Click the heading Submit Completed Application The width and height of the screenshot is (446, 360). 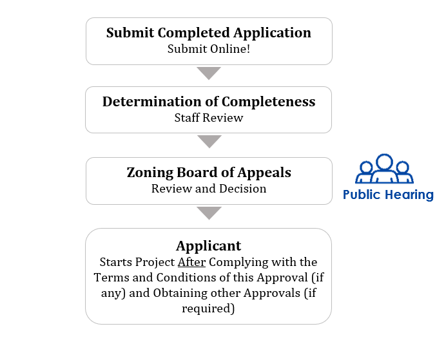click(x=208, y=33)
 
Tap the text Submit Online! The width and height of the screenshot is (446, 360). click(x=209, y=49)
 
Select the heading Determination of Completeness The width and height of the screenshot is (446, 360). click(x=209, y=102)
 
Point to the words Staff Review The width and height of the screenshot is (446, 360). click(x=209, y=118)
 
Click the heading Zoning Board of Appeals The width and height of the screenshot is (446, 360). click(x=209, y=173)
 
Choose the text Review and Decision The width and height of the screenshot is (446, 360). click(x=209, y=189)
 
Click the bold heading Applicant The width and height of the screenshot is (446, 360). click(x=208, y=246)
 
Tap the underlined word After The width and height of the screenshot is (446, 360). click(x=191, y=262)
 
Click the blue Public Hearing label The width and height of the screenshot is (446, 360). click(x=388, y=195)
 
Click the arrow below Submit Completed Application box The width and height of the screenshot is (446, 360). click(x=209, y=73)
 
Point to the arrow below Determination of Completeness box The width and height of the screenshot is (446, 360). click(x=209, y=142)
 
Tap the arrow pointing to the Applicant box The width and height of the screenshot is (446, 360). click(x=209, y=213)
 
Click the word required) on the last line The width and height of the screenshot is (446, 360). click(x=208, y=308)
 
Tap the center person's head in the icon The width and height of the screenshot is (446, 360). click(x=385, y=162)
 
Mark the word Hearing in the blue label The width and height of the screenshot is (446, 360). click(x=409, y=196)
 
